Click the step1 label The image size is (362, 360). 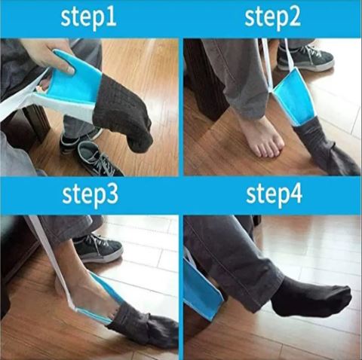[x=89, y=18]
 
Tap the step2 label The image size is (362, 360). [x=273, y=18]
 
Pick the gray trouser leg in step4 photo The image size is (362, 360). [x=226, y=256]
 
